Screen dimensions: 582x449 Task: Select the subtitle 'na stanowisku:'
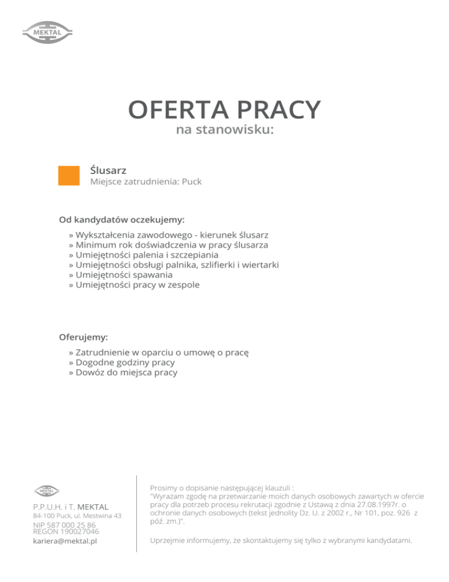224,130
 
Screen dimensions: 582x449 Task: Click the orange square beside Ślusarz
68,175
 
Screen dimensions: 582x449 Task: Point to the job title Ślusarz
109,170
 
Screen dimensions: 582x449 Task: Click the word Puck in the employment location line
192,182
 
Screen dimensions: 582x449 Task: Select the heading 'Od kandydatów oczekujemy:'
122,220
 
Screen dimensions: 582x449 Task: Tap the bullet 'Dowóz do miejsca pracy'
123,372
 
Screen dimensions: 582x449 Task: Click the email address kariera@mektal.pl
64,542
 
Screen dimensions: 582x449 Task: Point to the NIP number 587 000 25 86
64,525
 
